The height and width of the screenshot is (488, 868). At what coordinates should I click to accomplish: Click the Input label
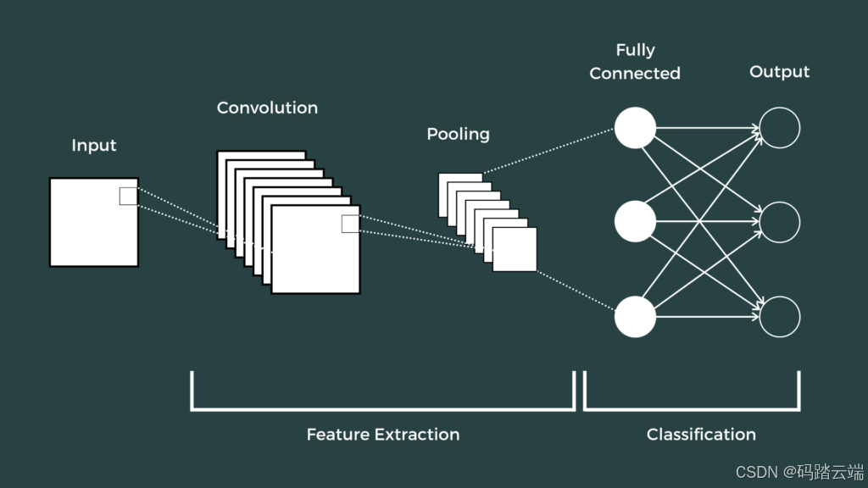(x=93, y=146)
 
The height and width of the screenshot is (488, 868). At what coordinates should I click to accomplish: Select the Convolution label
(x=267, y=108)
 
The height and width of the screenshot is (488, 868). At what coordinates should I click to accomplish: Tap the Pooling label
(x=458, y=134)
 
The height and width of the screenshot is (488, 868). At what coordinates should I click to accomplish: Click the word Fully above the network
(x=635, y=51)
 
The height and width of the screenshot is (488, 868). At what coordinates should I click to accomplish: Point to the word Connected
(x=635, y=74)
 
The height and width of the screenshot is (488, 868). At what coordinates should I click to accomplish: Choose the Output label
(x=779, y=72)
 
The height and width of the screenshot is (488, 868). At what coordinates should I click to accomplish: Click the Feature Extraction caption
(x=383, y=435)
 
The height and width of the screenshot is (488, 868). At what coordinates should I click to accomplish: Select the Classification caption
(x=701, y=435)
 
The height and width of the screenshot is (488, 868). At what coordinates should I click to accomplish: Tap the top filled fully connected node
(x=635, y=128)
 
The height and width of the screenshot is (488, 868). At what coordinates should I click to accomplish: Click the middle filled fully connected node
(x=635, y=222)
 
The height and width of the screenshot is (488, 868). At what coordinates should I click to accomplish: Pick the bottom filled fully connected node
(x=635, y=317)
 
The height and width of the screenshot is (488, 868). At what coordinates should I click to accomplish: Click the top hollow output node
(x=779, y=128)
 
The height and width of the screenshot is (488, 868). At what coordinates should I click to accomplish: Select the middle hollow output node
(x=779, y=222)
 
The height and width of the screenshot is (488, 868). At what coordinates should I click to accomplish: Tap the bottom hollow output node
(x=779, y=317)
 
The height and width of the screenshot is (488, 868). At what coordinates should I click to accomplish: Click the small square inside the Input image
(x=128, y=196)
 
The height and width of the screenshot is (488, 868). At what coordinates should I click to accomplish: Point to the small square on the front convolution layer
(x=350, y=224)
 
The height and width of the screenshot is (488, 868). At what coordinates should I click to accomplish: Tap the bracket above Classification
(x=692, y=408)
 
